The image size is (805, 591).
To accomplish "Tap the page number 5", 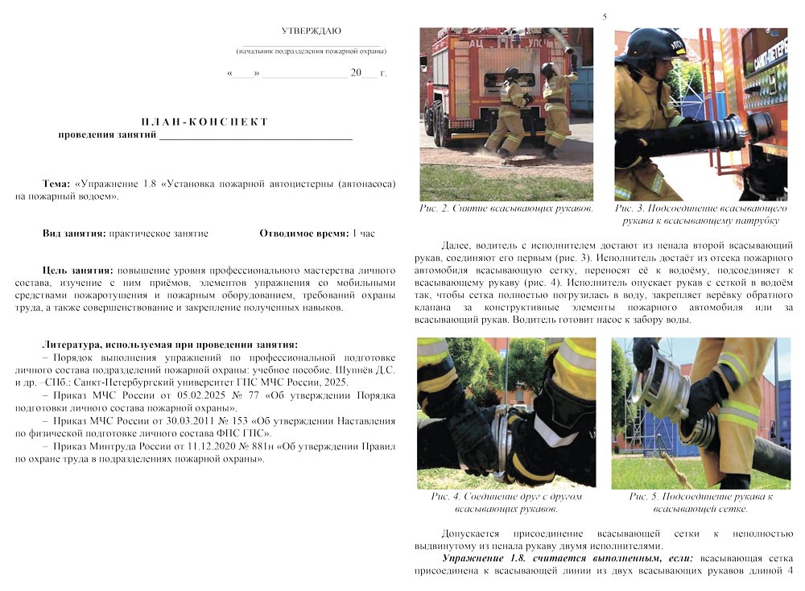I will (x=605, y=17).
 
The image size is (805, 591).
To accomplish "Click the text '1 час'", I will (x=364, y=234).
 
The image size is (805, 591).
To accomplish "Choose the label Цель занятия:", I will (x=77, y=271).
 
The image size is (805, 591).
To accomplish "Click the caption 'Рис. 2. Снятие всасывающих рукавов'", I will (x=506, y=209).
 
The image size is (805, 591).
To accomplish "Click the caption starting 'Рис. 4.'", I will (x=506, y=502).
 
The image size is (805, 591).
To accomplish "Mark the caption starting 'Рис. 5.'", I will (x=700, y=502).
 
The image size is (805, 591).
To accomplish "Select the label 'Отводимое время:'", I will (x=303, y=234).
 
